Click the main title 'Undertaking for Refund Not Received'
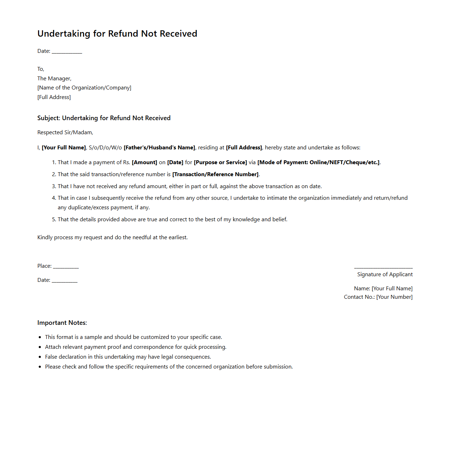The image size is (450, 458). (x=117, y=33)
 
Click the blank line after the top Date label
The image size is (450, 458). (x=67, y=52)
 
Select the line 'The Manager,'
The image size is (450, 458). (x=54, y=79)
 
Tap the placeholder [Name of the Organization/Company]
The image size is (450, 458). (x=84, y=88)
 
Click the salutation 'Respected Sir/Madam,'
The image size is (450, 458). (x=65, y=132)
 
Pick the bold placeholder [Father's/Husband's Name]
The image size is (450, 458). (x=159, y=148)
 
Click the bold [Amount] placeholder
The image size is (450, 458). (x=144, y=162)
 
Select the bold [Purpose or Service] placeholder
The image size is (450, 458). (x=220, y=162)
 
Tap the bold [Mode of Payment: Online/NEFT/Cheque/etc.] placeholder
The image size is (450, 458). (x=318, y=162)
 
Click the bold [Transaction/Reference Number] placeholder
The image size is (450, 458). (x=215, y=174)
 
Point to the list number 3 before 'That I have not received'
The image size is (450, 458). (x=54, y=186)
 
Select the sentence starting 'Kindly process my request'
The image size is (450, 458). (x=112, y=237)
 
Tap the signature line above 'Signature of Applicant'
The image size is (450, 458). (x=383, y=268)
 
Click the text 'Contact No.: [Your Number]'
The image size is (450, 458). (x=378, y=297)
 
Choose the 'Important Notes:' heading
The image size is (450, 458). (x=62, y=323)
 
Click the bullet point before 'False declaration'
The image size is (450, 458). (x=40, y=357)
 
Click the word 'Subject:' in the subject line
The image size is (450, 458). (x=49, y=118)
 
